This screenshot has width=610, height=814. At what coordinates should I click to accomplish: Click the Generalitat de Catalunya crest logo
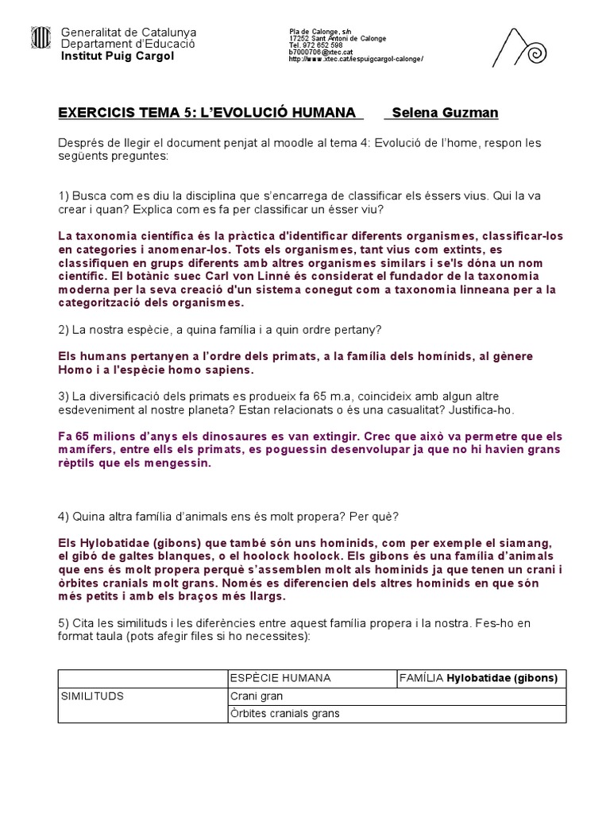pyautogui.click(x=40, y=37)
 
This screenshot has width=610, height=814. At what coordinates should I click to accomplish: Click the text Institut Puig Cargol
pyautogui.click(x=118, y=56)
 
